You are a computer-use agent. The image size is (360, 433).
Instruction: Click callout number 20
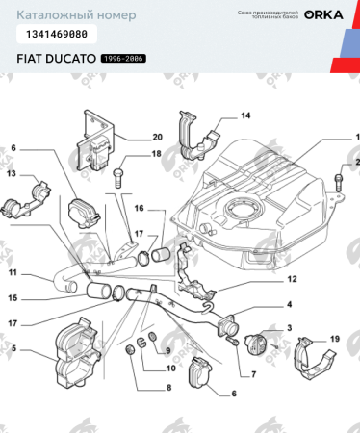click(157, 137)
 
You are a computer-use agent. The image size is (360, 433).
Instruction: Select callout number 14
click(244, 115)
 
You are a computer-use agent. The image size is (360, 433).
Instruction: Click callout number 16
click(139, 207)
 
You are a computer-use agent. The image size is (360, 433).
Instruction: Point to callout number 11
click(13, 272)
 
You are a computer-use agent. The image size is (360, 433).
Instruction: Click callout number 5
click(13, 347)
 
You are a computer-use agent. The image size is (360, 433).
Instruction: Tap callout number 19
click(334, 339)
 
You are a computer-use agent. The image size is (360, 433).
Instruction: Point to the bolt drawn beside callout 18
click(119, 176)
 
